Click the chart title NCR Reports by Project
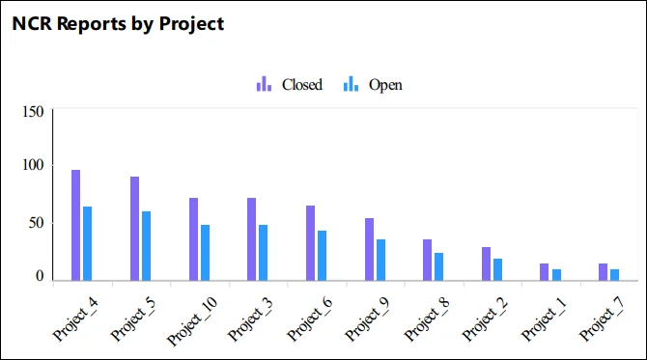coord(118,24)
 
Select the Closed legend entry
coord(290,85)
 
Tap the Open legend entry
coord(374,85)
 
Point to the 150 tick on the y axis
coord(33,112)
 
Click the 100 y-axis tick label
coord(33,166)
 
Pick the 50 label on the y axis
coord(36,223)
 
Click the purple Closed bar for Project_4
coord(75,226)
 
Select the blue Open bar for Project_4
coord(87,244)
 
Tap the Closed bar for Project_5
coord(134,229)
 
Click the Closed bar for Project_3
coord(252,239)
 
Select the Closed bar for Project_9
coord(369,250)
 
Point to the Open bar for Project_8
coord(439,267)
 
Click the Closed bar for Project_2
coord(487,264)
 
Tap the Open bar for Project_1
coord(556,275)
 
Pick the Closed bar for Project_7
coord(604,272)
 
